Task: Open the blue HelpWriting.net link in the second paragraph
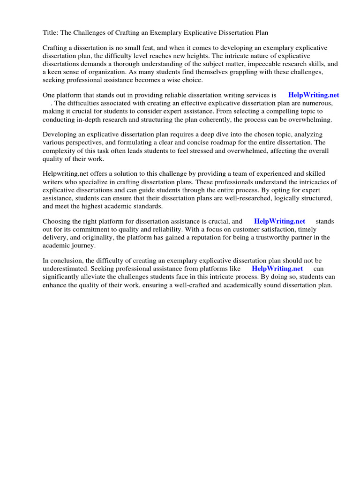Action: pyautogui.click(x=313, y=95)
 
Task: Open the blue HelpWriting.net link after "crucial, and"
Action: pyautogui.click(x=279, y=221)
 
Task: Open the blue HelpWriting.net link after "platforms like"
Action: pyautogui.click(x=277, y=269)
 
